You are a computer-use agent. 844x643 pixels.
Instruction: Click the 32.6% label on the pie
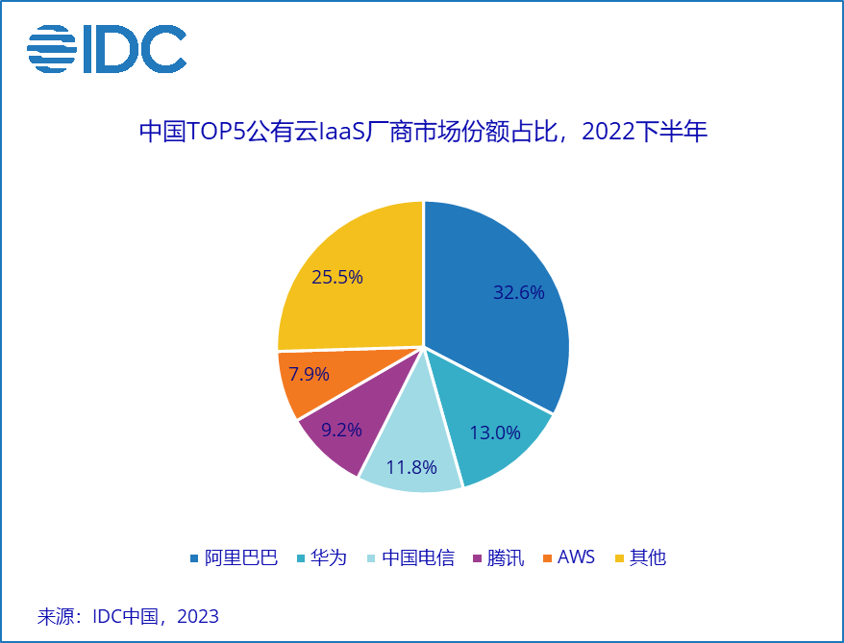pyautogui.click(x=519, y=293)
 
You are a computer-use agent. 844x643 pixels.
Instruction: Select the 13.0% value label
pyautogui.click(x=495, y=433)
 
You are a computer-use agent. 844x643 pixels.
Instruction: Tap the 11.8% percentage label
pyautogui.click(x=411, y=468)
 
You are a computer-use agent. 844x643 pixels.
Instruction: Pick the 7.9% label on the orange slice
pyautogui.click(x=309, y=374)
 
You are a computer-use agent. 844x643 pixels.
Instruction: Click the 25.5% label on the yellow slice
pyautogui.click(x=337, y=278)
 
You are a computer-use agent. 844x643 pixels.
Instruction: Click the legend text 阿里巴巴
pyautogui.click(x=241, y=557)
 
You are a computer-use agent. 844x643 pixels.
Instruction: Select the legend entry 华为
pyautogui.click(x=328, y=557)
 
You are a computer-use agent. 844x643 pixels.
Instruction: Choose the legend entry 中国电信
pyautogui.click(x=418, y=557)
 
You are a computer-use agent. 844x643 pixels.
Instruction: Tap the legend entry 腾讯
pyautogui.click(x=506, y=557)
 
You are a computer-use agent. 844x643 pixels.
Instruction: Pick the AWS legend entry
pyautogui.click(x=577, y=557)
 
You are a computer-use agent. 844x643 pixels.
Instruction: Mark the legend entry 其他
pyautogui.click(x=648, y=557)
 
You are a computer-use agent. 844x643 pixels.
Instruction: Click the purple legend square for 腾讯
pyautogui.click(x=479, y=557)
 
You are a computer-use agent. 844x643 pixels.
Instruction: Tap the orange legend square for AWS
pyautogui.click(x=549, y=557)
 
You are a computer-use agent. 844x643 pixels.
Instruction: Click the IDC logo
pyautogui.click(x=107, y=50)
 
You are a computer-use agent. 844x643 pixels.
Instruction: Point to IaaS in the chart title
pyautogui.click(x=344, y=132)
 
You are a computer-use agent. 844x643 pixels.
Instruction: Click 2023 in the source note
pyautogui.click(x=197, y=616)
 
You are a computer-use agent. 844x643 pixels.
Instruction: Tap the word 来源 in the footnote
pyautogui.click(x=55, y=616)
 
